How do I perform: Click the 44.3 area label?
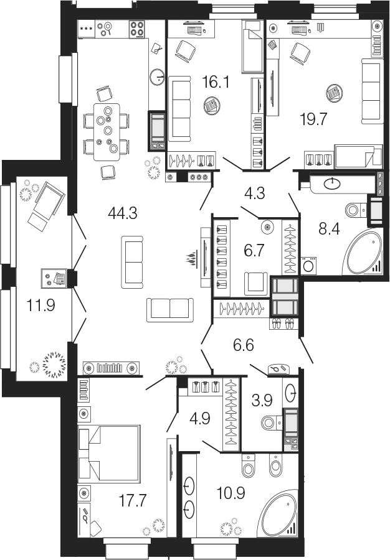[x=122, y=213]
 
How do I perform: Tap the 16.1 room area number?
[x=216, y=82]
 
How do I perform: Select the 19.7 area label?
[x=313, y=119]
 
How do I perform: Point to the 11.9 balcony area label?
[x=40, y=306]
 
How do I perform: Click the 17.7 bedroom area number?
[x=133, y=501]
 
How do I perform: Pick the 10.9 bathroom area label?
[x=231, y=493]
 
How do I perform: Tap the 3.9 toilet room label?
[x=262, y=401]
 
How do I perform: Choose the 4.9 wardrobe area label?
[x=200, y=418]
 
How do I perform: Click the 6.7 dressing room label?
[x=254, y=251]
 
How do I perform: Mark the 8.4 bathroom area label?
[x=329, y=229]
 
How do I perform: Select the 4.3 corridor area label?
[x=255, y=194]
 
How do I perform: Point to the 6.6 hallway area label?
[x=244, y=345]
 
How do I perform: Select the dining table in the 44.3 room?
[x=107, y=132]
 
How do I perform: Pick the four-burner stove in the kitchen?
[x=137, y=29]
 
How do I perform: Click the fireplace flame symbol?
[x=192, y=259]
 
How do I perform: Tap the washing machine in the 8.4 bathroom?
[x=309, y=265]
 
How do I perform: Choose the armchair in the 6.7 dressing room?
[x=256, y=284]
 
